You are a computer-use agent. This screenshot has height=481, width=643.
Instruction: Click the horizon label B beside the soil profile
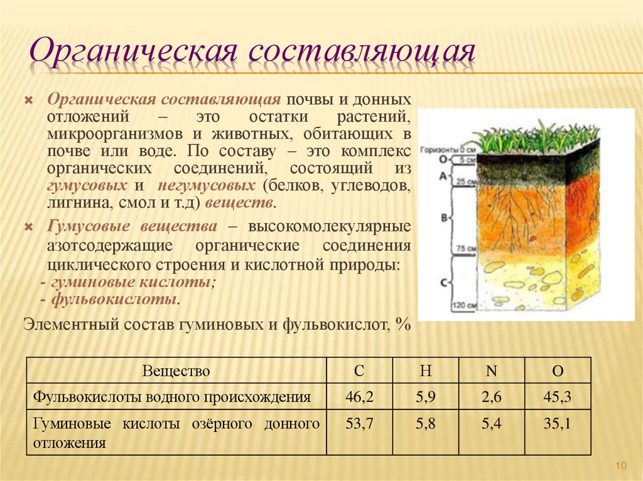444,218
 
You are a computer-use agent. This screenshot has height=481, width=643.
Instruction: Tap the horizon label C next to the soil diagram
443,282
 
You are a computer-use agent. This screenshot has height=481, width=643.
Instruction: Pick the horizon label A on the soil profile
443,177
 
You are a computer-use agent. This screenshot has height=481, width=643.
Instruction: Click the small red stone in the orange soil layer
532,239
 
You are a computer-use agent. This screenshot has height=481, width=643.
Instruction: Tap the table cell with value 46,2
359,396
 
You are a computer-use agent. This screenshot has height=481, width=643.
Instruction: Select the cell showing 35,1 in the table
557,425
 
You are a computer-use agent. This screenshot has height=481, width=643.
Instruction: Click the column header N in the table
491,371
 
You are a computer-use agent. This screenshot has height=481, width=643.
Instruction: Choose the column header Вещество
176,371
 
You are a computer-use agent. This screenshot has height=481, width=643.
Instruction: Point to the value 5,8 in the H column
425,425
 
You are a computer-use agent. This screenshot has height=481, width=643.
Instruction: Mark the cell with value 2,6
491,396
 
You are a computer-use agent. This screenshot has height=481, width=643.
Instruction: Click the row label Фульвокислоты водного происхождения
172,396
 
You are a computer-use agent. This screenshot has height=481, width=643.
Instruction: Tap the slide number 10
621,465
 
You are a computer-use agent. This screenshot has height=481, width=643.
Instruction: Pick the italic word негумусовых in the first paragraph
207,186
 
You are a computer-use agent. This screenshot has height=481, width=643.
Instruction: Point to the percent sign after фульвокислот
403,324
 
